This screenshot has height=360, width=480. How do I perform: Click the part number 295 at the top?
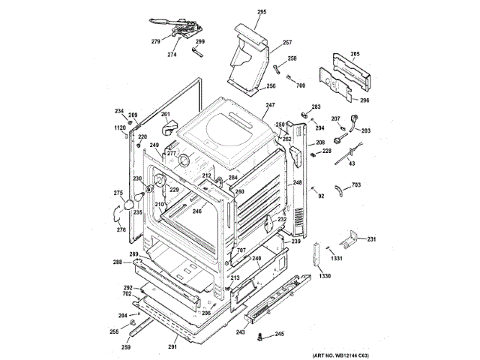point(241,13)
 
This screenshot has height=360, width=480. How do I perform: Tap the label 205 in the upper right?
point(355,53)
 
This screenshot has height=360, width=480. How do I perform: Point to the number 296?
point(364,100)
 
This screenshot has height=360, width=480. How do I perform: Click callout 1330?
point(325,277)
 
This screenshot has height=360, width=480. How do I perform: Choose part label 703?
point(356,184)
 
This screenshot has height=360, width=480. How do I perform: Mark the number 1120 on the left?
point(119,128)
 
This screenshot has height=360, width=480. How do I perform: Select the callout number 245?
point(280,334)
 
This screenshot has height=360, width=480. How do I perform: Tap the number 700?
point(301,86)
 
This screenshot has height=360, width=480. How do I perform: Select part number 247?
point(270,106)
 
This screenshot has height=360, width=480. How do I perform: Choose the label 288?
point(118,262)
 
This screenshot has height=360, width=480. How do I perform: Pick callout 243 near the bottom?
point(241,331)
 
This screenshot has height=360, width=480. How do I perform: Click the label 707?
point(241,250)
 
